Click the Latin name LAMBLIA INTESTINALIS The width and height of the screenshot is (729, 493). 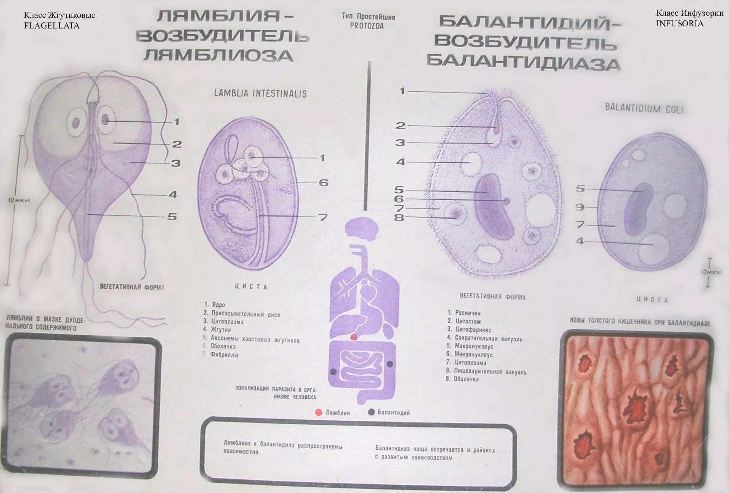(x=260, y=94)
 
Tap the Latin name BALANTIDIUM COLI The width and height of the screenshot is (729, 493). (x=644, y=108)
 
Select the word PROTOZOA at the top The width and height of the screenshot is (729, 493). (x=367, y=26)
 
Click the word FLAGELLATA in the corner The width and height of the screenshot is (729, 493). (x=52, y=26)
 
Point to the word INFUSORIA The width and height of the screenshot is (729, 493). (x=680, y=23)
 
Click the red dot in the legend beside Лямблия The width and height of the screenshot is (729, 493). (x=319, y=413)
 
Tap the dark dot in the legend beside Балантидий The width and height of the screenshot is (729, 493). (x=371, y=412)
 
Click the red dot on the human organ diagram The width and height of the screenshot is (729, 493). (x=353, y=337)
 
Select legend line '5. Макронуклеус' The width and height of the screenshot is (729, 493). (x=470, y=346)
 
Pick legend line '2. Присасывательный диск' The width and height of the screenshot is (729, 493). (x=242, y=314)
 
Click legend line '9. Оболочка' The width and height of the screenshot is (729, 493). (x=462, y=379)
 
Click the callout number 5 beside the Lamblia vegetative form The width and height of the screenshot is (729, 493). (x=172, y=216)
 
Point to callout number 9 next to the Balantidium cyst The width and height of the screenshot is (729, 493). (x=580, y=207)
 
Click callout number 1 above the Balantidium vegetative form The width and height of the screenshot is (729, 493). (x=402, y=91)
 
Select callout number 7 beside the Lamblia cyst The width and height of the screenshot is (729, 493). (x=322, y=217)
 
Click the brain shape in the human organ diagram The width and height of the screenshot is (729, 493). (x=361, y=229)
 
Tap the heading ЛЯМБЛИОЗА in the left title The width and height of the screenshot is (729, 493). (x=219, y=56)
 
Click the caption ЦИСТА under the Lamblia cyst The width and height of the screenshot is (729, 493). (x=251, y=287)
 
